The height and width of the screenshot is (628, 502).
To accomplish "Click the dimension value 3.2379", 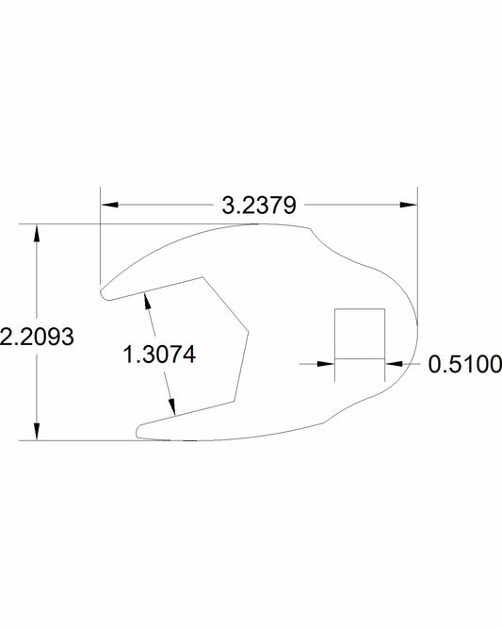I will tap(258, 204).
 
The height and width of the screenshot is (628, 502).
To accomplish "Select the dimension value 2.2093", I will tap(37, 337).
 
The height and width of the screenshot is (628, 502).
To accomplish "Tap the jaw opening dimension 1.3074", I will tap(159, 355).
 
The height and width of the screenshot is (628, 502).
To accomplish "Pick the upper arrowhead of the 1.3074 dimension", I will tap(146, 300).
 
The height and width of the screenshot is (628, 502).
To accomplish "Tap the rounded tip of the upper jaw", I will tap(105, 293).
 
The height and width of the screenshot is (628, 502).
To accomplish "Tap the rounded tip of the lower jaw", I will tap(140, 430).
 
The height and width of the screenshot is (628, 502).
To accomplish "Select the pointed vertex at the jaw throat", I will tap(248, 330).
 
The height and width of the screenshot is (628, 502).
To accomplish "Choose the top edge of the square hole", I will tap(361, 309).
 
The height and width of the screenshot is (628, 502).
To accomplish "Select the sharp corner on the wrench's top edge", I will tap(308, 227).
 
